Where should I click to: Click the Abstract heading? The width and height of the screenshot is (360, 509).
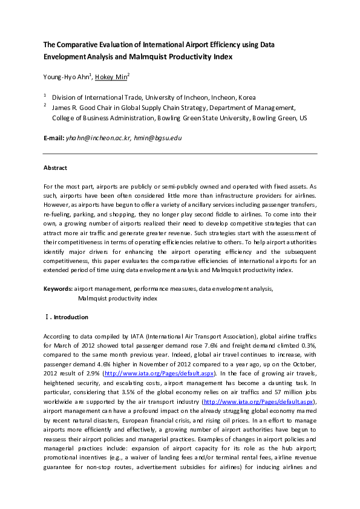point(55,167)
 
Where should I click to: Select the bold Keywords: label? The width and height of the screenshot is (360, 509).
point(58,289)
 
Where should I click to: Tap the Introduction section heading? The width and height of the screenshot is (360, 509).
point(70,317)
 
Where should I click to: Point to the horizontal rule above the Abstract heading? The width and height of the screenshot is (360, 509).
point(180,154)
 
